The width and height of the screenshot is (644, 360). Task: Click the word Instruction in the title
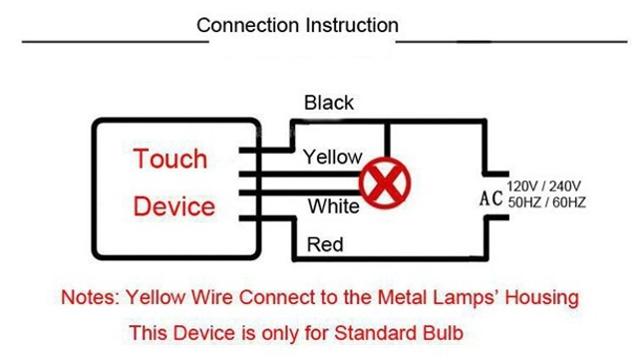347,25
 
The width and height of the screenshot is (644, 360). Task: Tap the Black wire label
329,103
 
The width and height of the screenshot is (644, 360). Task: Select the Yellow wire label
332,157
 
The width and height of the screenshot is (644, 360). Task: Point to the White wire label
333,207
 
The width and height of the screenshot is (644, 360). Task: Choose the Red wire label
325,244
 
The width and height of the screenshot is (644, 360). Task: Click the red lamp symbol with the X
385,182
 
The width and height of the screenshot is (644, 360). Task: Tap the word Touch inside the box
170,160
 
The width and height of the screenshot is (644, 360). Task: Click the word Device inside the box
173,206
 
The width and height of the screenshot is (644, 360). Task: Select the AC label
490,196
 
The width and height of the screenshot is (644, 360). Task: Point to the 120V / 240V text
544,186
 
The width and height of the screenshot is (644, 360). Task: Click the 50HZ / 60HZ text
545,203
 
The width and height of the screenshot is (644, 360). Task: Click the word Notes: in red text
92,298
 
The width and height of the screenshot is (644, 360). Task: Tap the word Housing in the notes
542,298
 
